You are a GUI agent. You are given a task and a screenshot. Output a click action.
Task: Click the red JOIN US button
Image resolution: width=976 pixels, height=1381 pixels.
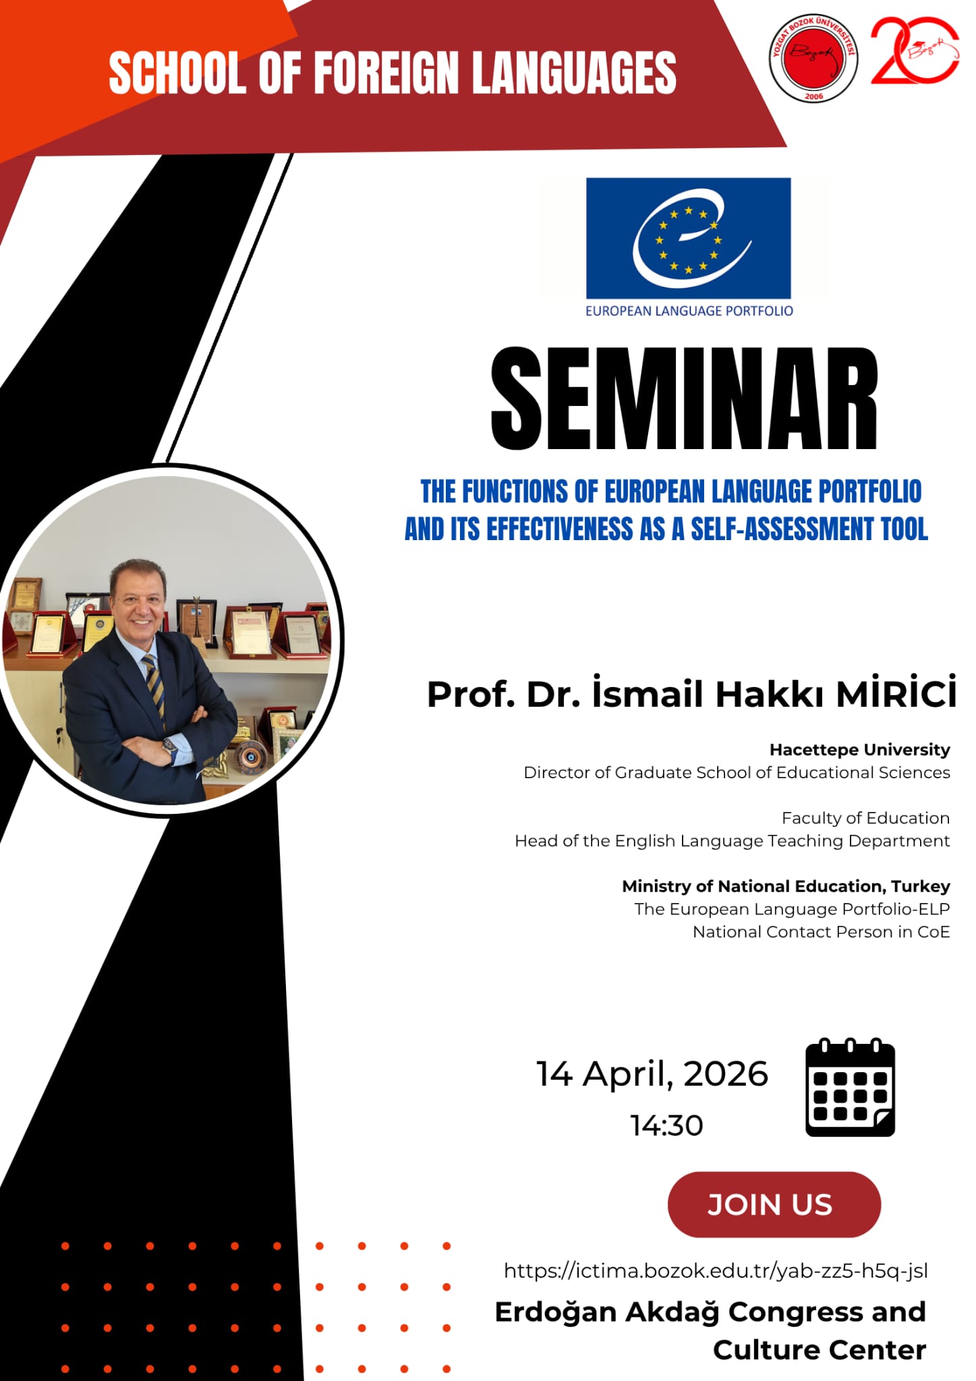point(774,1204)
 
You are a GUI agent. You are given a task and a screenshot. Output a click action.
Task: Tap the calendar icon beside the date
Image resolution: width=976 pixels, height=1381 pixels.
point(850,1087)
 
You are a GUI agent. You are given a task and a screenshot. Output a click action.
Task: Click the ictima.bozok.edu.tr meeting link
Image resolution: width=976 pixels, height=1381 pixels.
point(716,1271)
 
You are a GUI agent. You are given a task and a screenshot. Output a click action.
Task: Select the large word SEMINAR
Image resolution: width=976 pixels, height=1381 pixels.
point(684,399)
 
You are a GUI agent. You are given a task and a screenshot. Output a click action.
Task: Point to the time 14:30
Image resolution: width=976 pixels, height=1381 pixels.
point(666,1125)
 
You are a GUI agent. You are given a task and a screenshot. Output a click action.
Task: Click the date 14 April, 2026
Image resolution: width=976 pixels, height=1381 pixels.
point(652,1074)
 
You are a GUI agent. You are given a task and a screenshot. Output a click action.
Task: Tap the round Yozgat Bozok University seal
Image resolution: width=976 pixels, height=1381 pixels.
point(814,59)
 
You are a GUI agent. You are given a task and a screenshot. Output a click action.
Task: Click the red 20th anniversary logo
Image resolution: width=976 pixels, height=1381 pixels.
point(915,51)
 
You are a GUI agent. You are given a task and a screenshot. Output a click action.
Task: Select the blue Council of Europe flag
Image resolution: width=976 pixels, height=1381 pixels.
point(688,238)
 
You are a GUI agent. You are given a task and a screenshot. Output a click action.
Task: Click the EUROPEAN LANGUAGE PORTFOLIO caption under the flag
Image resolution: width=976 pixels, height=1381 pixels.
point(689,311)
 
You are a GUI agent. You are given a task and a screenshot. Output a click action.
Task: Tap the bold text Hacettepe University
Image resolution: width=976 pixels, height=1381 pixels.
point(859,750)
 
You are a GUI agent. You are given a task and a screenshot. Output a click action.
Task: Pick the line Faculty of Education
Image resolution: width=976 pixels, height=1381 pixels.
point(865,818)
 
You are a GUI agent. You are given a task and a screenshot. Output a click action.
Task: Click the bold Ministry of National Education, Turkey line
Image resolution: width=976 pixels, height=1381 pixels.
point(786,886)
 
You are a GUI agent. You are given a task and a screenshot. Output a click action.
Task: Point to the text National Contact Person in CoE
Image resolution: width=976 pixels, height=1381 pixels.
point(821,932)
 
